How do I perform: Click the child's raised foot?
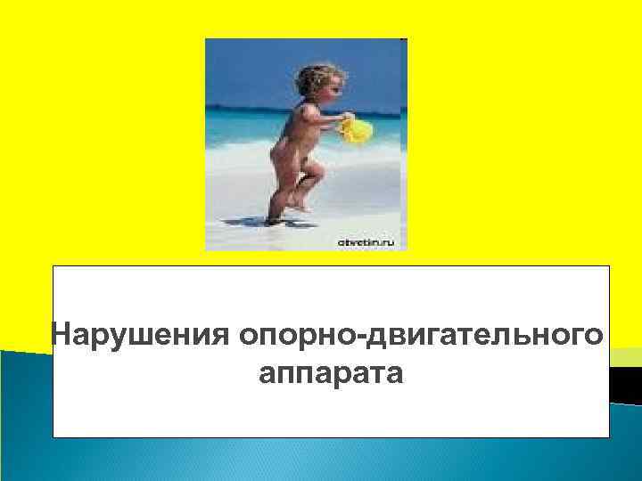point(302,204)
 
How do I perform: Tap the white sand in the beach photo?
point(357,205)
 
